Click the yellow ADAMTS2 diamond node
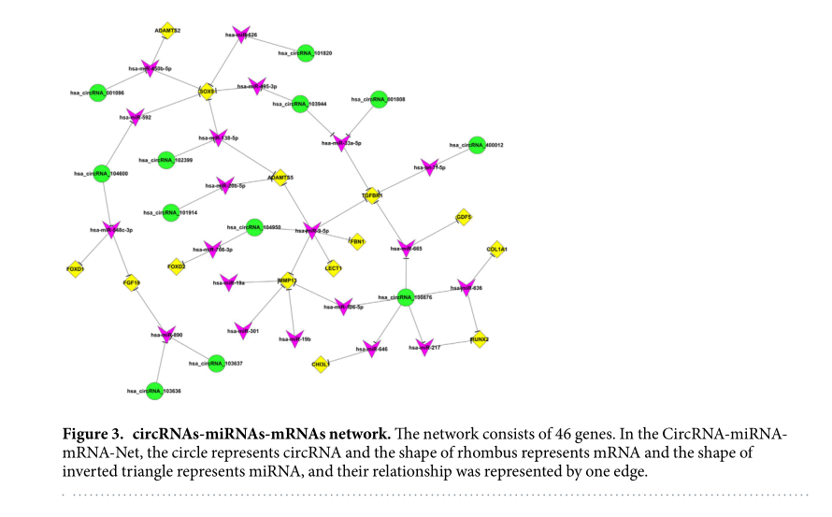(167, 30)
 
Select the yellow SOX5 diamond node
(208, 92)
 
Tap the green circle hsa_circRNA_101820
(305, 53)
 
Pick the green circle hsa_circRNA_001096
(97, 93)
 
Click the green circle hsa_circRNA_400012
(477, 145)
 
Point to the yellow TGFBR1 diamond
(372, 196)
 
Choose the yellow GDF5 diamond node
(464, 217)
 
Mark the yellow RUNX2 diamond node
(479, 340)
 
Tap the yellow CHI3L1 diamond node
(320, 364)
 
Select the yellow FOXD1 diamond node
(75, 268)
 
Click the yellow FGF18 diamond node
(131, 281)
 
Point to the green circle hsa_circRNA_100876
(405, 297)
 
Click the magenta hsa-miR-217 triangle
(423, 348)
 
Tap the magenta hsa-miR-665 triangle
(405, 249)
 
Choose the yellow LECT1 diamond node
(333, 268)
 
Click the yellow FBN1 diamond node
(356, 240)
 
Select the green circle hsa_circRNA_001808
(379, 98)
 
